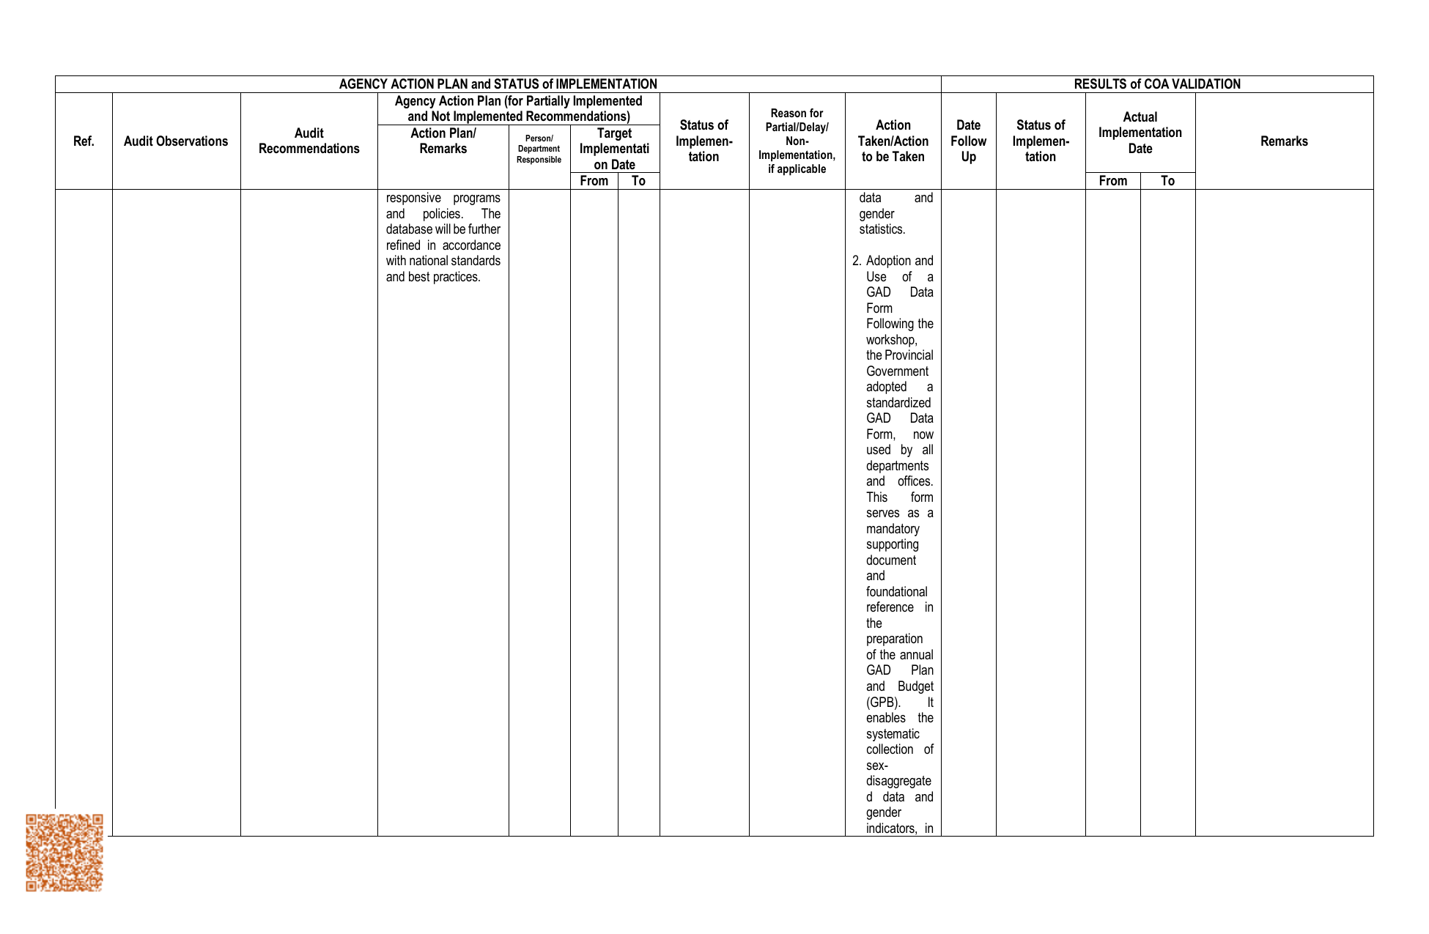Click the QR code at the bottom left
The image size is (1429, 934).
tap(64, 852)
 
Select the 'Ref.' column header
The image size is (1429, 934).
tap(84, 141)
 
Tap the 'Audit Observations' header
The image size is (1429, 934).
tap(176, 141)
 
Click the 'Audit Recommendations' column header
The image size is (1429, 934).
tap(309, 141)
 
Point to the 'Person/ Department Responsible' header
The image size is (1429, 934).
tap(539, 149)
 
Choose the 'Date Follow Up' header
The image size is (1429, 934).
tap(968, 141)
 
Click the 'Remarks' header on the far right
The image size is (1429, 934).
tap(1284, 141)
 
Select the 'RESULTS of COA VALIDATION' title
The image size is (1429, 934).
tap(1157, 84)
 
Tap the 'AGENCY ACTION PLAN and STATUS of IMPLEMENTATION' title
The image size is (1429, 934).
tap(498, 84)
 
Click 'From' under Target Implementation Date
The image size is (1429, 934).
tap(594, 181)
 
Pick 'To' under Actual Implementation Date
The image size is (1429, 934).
tap(1167, 181)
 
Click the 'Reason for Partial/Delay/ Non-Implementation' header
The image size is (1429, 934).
tap(797, 141)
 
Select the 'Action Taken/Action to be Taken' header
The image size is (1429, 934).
tap(893, 141)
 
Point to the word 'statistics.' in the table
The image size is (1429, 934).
tap(882, 230)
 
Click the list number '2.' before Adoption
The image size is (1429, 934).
tap(857, 262)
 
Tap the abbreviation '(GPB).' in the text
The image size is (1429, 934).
tap(883, 703)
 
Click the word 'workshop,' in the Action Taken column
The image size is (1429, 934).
tap(891, 340)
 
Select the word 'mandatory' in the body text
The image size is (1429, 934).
tap(893, 529)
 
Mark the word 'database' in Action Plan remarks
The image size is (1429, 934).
tap(409, 230)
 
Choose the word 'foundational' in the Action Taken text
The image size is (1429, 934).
tap(896, 592)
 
